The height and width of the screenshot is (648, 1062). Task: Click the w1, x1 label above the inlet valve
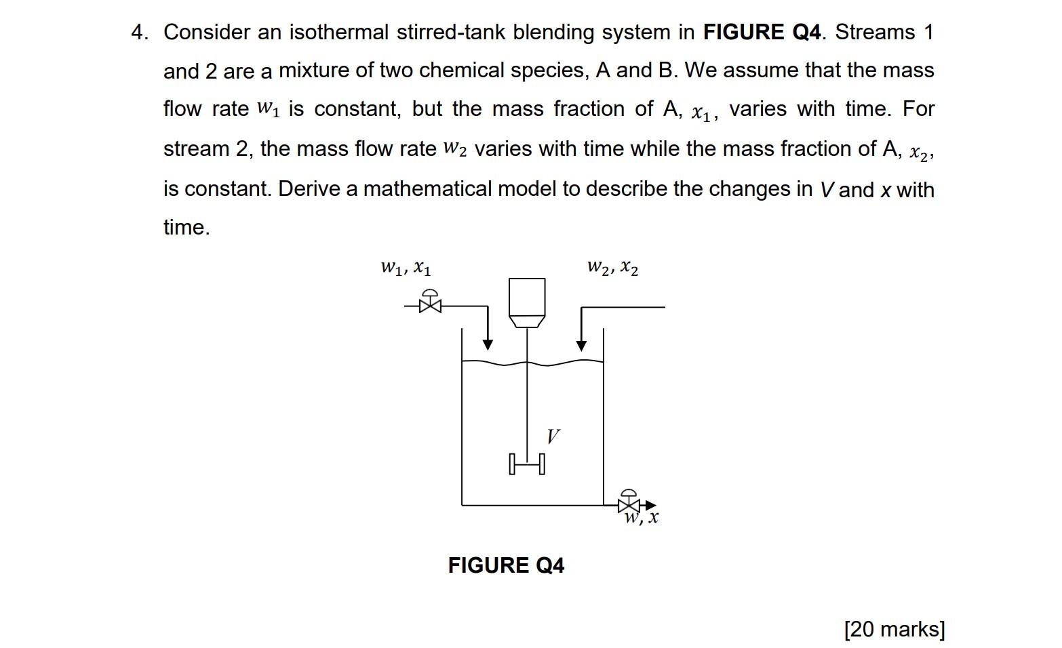406,268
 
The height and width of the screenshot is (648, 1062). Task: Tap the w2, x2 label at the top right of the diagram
612,268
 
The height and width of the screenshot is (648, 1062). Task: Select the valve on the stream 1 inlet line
430,304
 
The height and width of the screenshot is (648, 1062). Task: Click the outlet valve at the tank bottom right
629,504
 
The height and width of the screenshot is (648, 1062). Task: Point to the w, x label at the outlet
642,519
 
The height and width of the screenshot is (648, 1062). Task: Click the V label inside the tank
553,436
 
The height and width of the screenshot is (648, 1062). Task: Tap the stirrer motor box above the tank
527,299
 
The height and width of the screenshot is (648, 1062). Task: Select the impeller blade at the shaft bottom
527,464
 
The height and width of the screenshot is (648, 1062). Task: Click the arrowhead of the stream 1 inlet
488,345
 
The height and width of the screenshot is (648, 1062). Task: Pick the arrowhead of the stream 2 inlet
581,346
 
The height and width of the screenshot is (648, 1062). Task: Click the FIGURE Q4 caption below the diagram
506,565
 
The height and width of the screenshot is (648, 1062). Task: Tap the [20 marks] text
894,629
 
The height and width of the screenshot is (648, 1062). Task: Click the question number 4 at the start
139,33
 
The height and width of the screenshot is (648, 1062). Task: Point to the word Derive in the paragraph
309,188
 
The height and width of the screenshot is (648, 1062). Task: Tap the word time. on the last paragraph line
186,227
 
